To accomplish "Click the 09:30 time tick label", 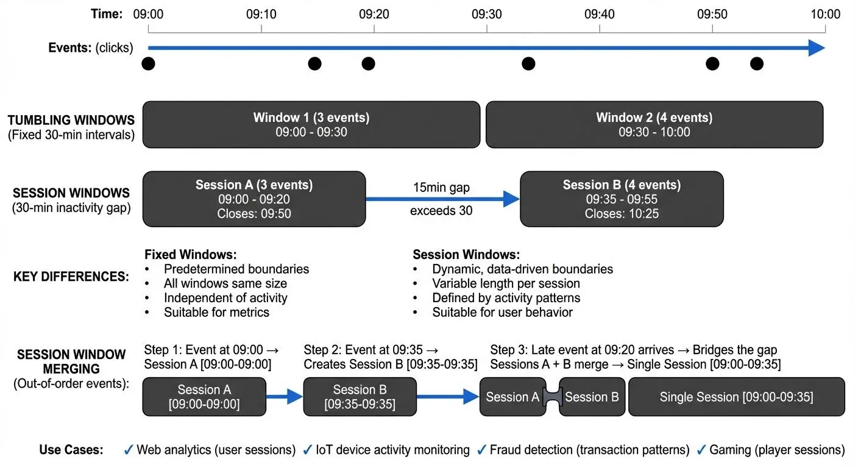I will pos(486,13).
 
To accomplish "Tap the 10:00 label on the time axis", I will pos(825,13).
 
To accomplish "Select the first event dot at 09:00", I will pos(148,63).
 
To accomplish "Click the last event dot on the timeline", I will pos(756,63).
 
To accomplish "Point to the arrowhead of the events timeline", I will pos(817,48).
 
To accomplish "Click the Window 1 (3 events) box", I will pos(311,124).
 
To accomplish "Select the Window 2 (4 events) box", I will pos(654,124).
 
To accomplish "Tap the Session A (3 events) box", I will pos(254,199).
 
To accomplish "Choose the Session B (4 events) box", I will pos(622,199).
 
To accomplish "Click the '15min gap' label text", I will pos(441,188).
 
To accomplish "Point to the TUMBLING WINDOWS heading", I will pos(71,120).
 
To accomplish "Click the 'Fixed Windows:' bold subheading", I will pos(190,254).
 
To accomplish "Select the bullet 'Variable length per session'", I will pos(506,283).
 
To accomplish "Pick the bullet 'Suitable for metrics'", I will pos(216,313).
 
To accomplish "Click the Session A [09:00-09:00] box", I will pos(204,397).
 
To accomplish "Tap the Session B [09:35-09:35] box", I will pos(360,397).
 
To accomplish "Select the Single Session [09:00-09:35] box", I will pos(736,397).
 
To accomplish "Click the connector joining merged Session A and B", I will pos(552,397).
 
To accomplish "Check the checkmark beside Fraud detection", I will pos(481,450).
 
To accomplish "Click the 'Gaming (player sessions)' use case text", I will pos(777,450).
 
